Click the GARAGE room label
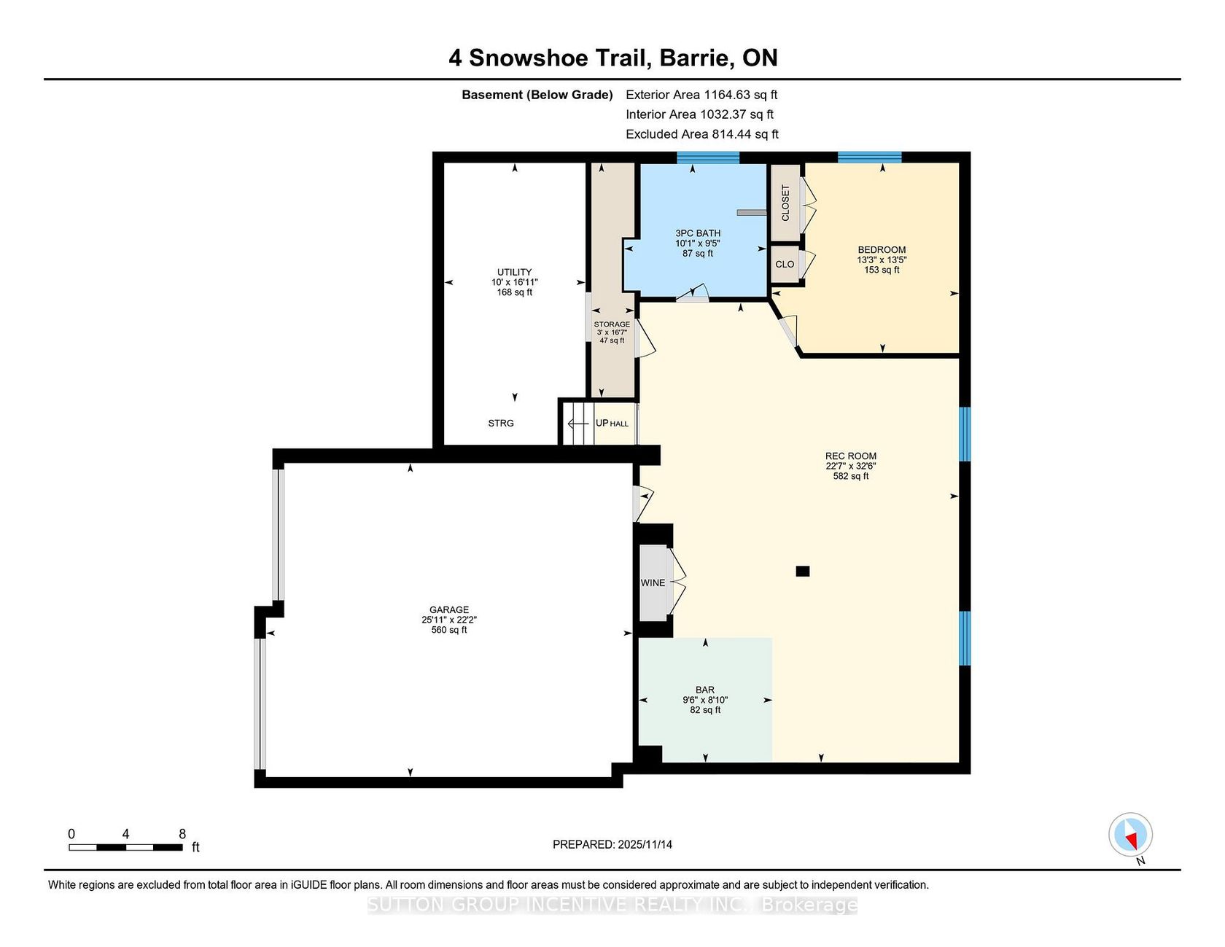449,610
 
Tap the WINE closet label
653,583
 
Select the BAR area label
705,690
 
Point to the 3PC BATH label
698,233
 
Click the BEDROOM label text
882,250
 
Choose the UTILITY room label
515,273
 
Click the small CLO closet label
785,265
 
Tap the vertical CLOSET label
785,203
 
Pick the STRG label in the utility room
501,424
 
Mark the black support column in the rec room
803,572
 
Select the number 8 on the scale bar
182,834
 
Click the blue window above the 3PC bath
708,157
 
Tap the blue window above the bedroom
870,157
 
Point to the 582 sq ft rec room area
851,477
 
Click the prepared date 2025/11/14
645,845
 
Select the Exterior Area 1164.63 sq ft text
701,95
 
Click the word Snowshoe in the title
559,58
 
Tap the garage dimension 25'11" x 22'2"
449,620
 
